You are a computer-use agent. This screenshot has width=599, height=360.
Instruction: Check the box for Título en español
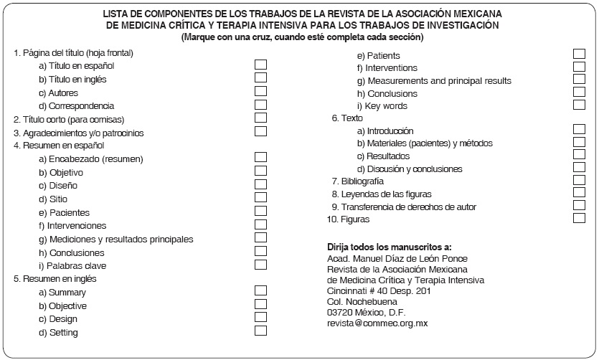(x=260, y=65)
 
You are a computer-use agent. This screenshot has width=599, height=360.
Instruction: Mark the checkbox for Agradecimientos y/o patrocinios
(x=260, y=131)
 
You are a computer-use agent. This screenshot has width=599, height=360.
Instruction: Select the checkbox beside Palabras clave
(x=260, y=264)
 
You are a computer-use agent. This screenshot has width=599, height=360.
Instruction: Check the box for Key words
(x=579, y=105)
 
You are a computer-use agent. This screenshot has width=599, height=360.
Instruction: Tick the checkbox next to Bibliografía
(x=579, y=180)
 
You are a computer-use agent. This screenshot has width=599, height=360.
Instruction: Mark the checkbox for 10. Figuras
(x=579, y=219)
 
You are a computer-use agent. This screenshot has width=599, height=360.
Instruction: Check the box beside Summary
(x=260, y=290)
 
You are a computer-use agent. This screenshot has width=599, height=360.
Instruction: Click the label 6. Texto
(x=347, y=118)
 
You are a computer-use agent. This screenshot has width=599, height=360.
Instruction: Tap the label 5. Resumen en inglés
(x=55, y=278)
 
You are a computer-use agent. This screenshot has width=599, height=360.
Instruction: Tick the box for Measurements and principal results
(x=579, y=80)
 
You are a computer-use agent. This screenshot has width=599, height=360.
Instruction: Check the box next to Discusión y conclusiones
(x=579, y=168)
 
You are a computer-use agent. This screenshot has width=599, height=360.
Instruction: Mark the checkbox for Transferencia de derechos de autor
(x=579, y=206)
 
